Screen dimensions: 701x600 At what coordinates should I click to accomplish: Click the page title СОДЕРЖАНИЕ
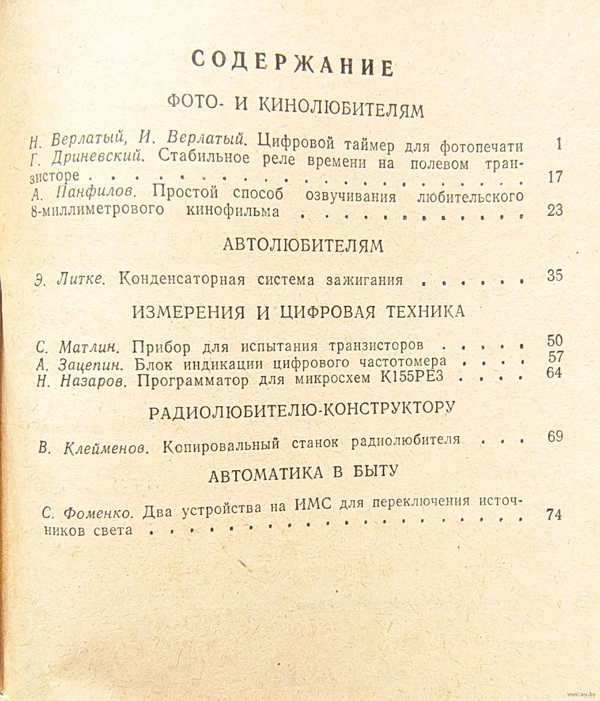point(292,63)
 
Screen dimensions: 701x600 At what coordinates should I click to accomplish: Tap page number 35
point(554,276)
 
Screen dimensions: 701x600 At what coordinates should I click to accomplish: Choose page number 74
point(554,515)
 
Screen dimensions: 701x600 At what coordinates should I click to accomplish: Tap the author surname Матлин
point(92,347)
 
